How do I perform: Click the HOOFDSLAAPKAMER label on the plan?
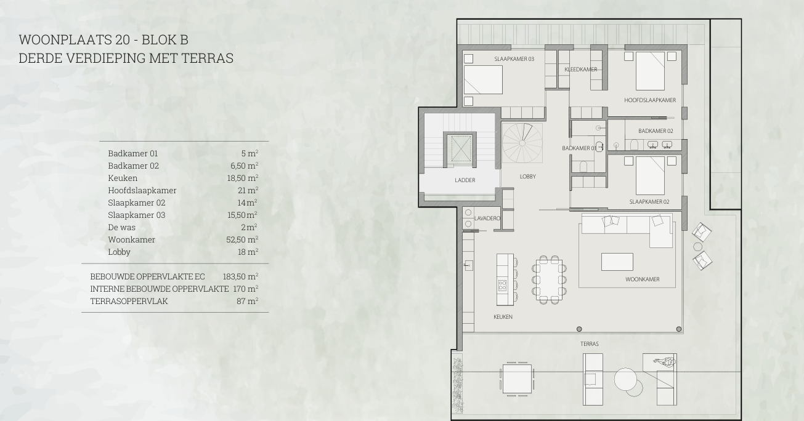[x=649, y=100]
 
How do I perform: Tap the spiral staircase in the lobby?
[x=522, y=143]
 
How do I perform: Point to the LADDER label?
[x=465, y=180]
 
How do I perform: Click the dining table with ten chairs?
[x=549, y=279]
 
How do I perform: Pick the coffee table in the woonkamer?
[x=617, y=262]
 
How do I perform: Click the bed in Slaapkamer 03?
[x=483, y=79]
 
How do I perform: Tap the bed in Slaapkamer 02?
[x=650, y=175]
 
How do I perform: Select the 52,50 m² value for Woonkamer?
[x=242, y=239]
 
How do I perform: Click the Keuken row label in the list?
[x=123, y=178]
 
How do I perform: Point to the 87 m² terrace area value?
[x=247, y=301]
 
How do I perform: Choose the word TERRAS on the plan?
[x=590, y=344]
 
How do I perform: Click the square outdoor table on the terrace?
[x=517, y=379]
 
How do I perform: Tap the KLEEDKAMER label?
[x=581, y=70]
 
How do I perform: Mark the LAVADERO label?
[x=487, y=219]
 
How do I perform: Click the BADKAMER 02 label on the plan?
[x=656, y=131]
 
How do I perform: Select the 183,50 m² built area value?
[x=240, y=276]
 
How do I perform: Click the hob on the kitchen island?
[x=502, y=286]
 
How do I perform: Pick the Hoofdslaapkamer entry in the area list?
[x=142, y=190]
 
